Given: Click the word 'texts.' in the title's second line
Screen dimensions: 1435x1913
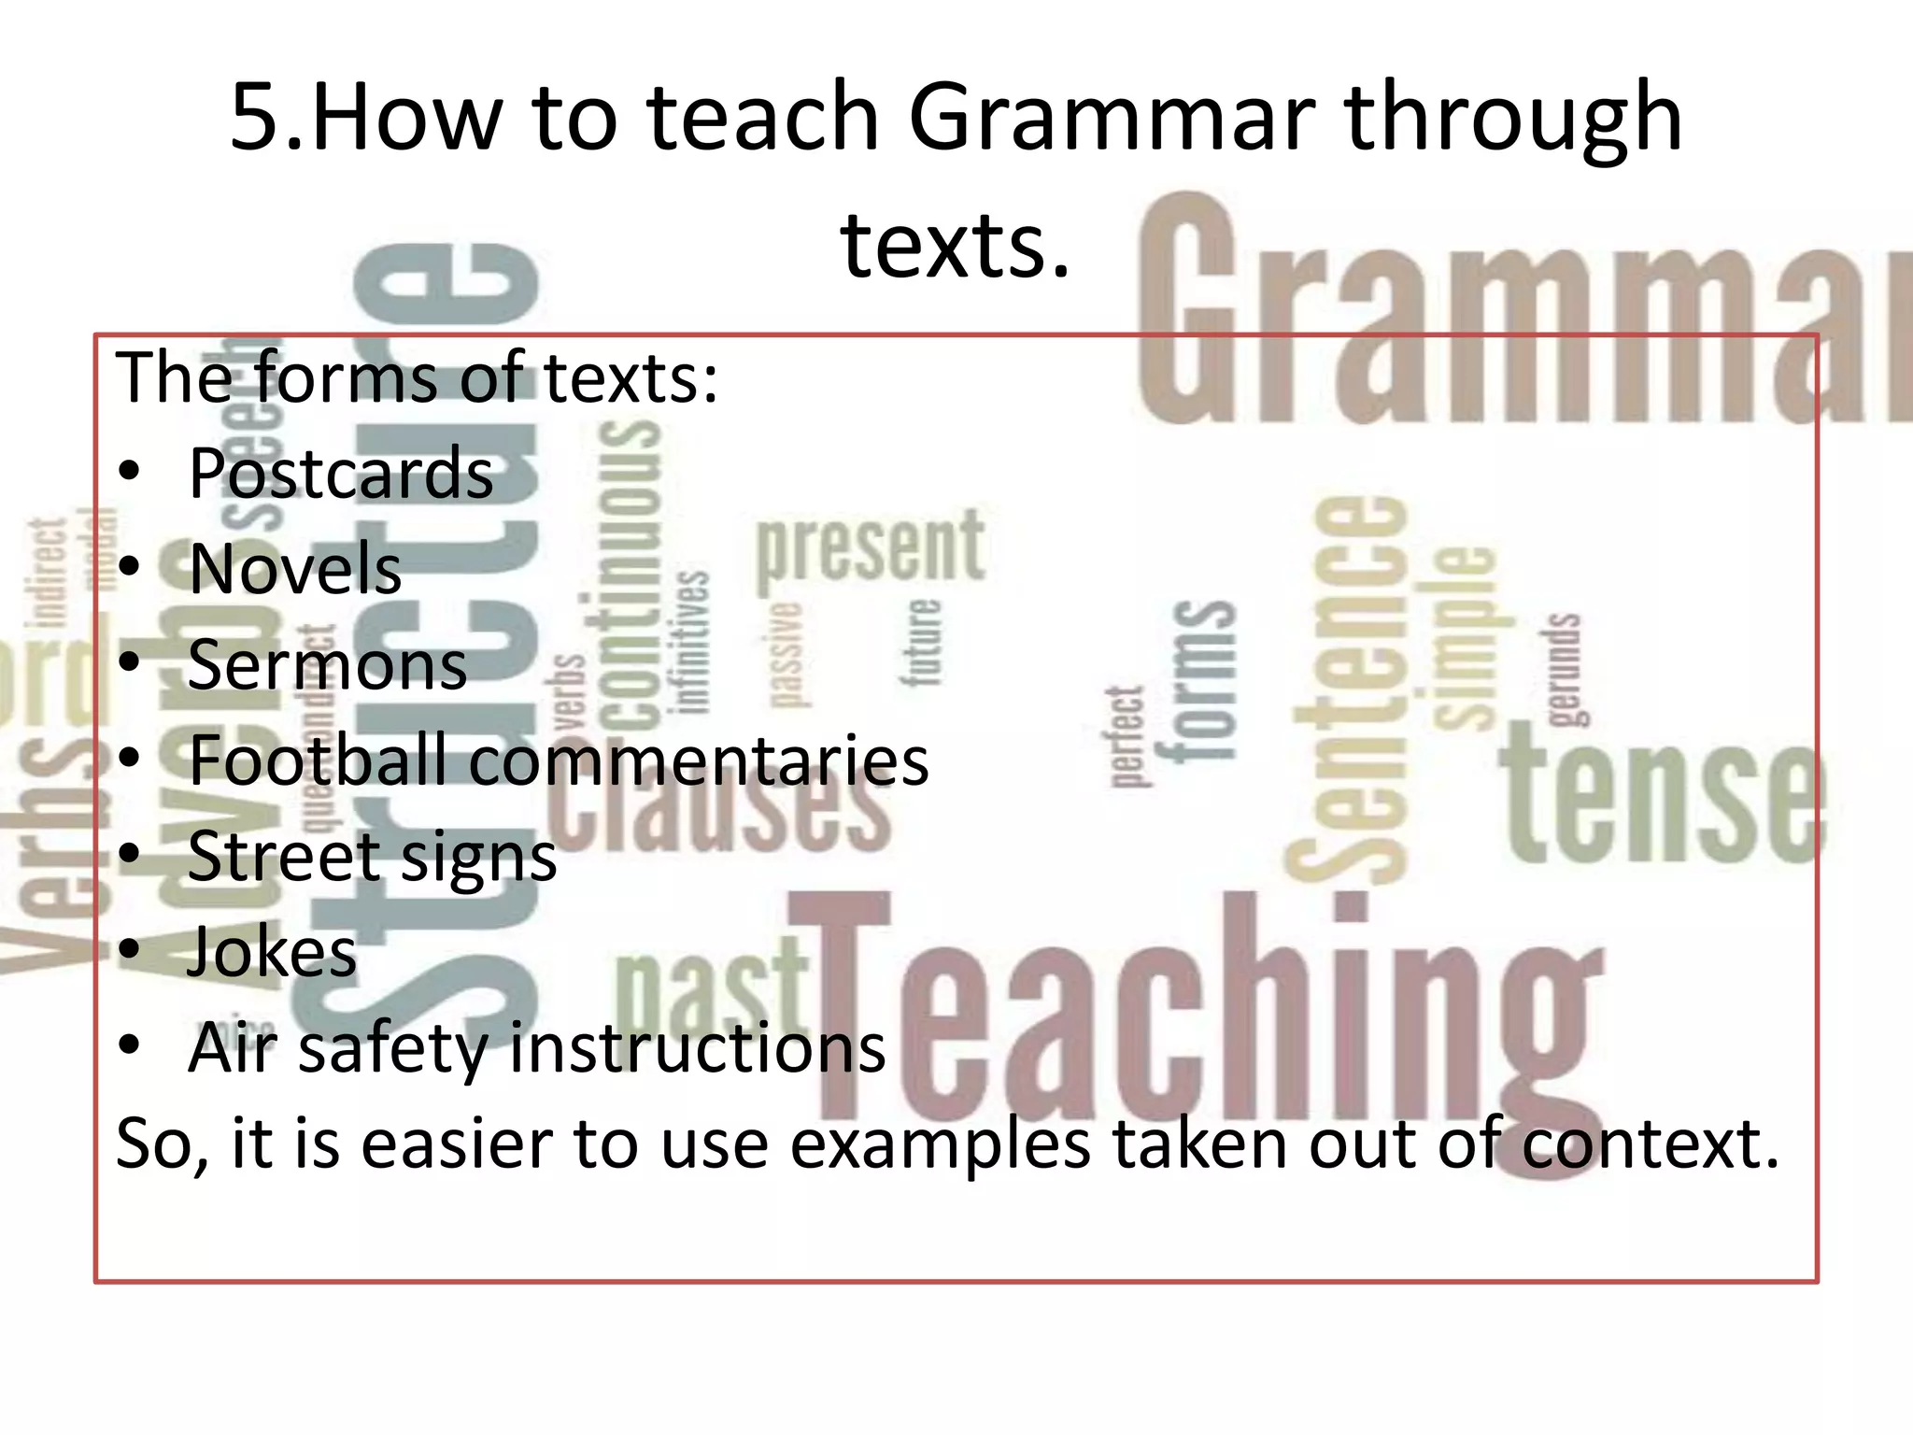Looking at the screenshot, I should tap(955, 245).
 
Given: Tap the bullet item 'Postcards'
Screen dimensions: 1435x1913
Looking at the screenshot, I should tap(341, 474).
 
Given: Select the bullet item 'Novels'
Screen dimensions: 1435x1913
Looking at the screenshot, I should tap(295, 569).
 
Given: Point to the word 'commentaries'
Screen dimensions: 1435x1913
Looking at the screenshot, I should tap(699, 761).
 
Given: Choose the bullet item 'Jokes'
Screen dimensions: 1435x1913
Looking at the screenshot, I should tap(272, 952).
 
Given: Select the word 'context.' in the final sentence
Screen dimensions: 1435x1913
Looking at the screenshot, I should tap(1651, 1144).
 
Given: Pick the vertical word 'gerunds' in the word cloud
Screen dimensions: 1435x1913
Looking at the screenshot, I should tap(1564, 669).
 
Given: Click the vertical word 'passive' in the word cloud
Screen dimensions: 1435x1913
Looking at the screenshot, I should tap(786, 655).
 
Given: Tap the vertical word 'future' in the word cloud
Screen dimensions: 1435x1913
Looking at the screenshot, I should tap(922, 643).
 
